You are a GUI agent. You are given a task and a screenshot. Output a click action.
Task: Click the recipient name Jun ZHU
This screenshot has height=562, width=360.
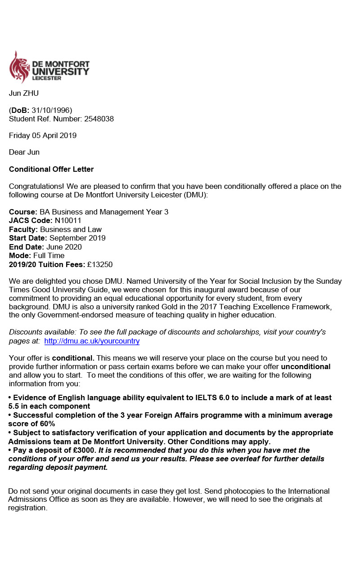[x=24, y=93]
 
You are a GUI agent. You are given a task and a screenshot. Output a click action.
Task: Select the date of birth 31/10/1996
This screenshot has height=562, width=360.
[x=52, y=110]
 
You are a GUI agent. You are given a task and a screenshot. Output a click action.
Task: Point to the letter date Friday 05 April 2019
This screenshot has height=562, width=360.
[x=43, y=135]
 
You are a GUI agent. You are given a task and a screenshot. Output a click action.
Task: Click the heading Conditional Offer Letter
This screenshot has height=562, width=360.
[x=51, y=169]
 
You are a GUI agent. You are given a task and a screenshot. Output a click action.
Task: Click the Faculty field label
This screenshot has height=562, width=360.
[x=23, y=229]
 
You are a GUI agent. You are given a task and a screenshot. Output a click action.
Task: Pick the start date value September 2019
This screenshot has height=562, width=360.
[x=77, y=238]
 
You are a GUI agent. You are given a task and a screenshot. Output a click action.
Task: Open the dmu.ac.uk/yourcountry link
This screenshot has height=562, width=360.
[x=92, y=341]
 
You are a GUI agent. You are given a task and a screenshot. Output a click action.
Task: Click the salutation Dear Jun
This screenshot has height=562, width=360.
[x=24, y=152]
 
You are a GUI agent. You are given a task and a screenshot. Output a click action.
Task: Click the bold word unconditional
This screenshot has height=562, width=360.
[x=306, y=366]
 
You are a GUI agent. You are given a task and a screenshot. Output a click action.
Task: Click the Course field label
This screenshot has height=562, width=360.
[x=22, y=212]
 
